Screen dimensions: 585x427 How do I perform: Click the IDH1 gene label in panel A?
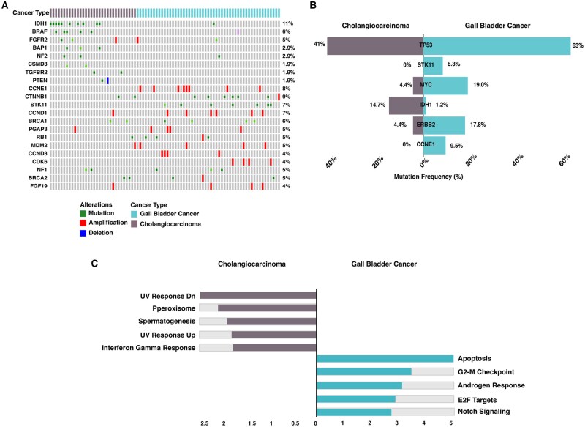41,23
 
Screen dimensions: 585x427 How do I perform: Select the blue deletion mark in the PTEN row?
107,81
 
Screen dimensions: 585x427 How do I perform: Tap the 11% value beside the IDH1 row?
287,23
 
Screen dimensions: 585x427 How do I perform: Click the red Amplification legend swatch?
83,223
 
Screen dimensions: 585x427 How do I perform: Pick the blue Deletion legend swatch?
83,233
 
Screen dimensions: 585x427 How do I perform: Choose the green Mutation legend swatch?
83,214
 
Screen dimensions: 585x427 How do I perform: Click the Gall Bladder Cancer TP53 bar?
497,46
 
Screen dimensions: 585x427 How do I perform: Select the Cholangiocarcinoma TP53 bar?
375,46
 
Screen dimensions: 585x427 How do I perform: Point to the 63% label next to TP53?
577,45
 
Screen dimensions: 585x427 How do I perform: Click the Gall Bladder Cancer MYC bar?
445,86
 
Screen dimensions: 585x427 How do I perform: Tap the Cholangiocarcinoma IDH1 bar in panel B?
407,105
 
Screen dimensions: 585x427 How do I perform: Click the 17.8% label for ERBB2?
478,125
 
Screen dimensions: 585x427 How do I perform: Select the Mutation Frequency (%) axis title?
429,177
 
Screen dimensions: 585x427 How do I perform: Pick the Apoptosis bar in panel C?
385,359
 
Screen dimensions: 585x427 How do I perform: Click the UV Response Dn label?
168,296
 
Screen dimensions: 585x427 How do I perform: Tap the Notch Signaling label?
484,412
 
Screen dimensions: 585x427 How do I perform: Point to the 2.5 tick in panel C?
205,423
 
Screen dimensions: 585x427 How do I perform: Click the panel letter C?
94,264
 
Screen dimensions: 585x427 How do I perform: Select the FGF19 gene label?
39,186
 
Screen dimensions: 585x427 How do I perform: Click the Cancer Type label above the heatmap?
31,12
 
